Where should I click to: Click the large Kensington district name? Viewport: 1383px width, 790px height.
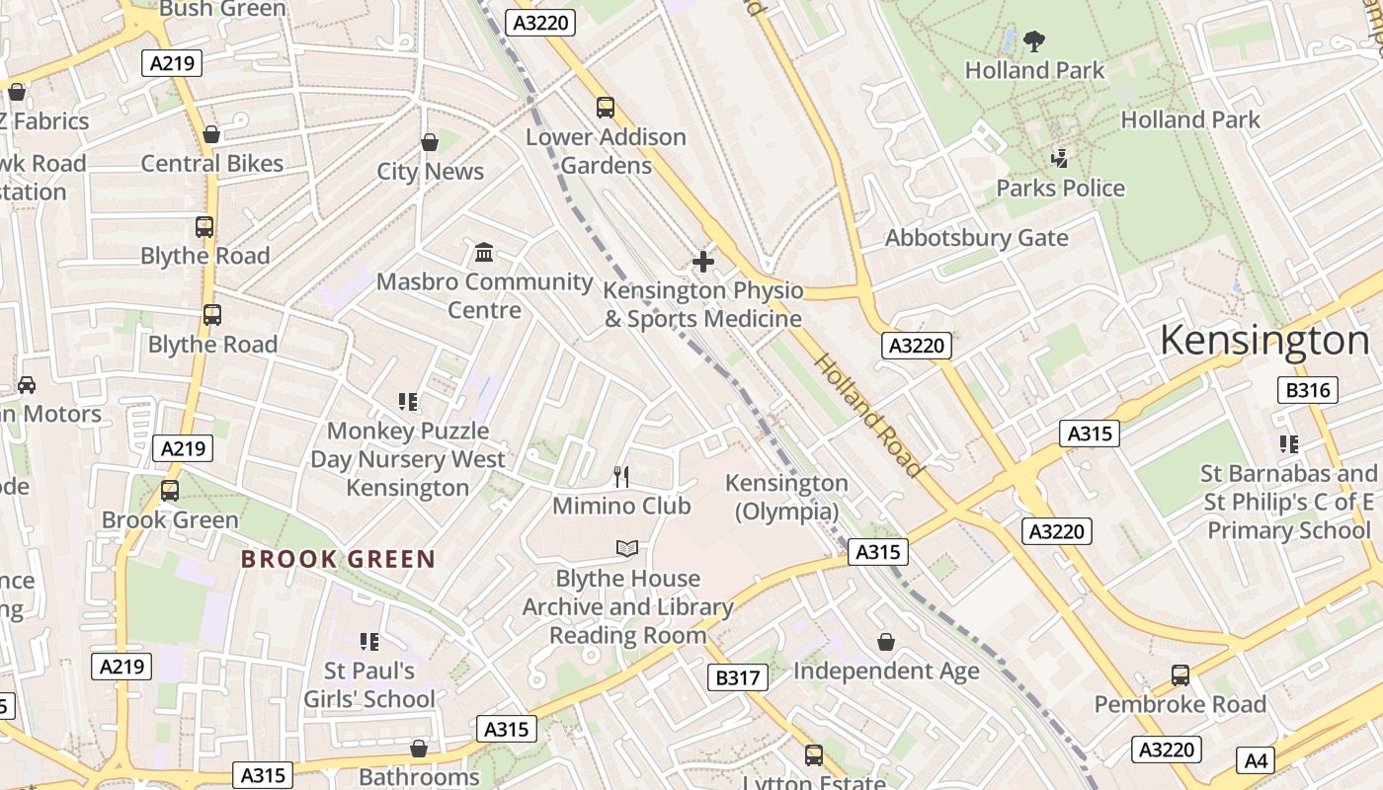pos(1264,341)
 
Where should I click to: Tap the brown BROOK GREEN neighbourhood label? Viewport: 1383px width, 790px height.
pos(338,559)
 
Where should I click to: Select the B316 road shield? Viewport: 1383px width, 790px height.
pos(1308,390)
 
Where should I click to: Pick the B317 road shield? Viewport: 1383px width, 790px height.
pos(737,677)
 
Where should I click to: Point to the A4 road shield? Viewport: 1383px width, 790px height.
pos(1255,760)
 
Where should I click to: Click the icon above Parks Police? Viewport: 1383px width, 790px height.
pos(1060,158)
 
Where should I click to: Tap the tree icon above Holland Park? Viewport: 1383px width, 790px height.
pos(1034,41)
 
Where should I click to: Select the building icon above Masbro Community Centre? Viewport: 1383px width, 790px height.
pos(484,253)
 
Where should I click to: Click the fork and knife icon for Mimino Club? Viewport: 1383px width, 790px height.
pos(621,477)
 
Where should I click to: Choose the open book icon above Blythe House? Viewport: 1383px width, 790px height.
pos(627,548)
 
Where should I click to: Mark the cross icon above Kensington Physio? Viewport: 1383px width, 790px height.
pos(702,262)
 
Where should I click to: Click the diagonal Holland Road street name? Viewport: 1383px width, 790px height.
pos(867,415)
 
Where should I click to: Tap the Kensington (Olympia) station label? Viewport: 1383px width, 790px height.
pos(786,497)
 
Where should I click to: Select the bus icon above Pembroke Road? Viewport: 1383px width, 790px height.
pos(1180,675)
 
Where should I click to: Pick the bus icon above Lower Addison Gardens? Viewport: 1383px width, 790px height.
pos(606,108)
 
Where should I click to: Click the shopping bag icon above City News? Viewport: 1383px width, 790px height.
pos(430,143)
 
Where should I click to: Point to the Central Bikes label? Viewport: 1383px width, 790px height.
pos(212,164)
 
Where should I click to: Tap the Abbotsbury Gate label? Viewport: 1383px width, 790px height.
pos(976,238)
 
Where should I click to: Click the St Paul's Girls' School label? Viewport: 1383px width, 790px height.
pos(369,684)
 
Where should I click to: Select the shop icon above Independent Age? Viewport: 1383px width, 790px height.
pos(886,643)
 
